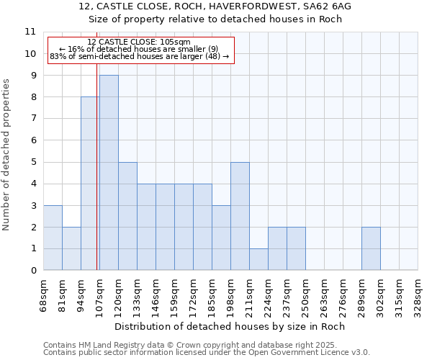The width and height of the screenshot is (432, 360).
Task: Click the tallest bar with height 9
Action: (109, 173)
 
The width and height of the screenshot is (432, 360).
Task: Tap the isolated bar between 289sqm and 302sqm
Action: (371, 248)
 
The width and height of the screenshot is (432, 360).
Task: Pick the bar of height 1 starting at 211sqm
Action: (258, 259)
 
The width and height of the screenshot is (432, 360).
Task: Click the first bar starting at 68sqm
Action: (53, 238)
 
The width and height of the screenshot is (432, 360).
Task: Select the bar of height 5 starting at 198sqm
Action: (240, 216)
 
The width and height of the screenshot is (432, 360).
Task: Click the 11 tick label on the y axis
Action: (30, 32)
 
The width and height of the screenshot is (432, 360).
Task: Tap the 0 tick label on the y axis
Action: (33, 271)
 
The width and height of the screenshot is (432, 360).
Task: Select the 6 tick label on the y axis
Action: (33, 140)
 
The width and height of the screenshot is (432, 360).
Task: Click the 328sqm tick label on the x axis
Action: (418, 295)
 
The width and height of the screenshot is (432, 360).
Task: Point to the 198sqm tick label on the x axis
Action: (231, 295)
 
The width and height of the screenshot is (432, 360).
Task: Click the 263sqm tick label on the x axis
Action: (325, 295)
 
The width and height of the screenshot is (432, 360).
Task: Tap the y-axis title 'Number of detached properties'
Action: (6, 155)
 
